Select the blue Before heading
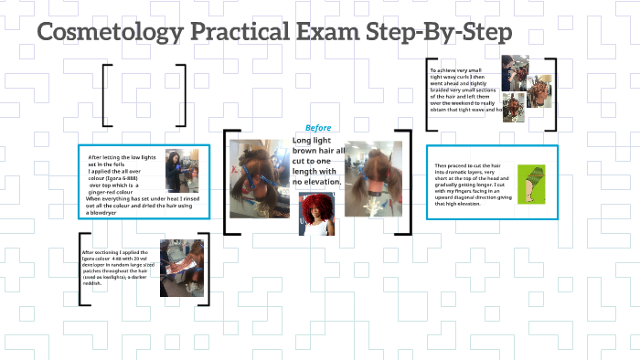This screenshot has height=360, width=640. point(318,128)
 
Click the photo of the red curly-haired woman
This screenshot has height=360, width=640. point(317,213)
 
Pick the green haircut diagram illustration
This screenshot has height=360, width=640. point(530,184)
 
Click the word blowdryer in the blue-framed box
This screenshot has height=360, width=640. point(103,212)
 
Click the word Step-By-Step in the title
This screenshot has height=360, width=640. point(448,34)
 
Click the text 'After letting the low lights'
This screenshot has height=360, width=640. point(120,157)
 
